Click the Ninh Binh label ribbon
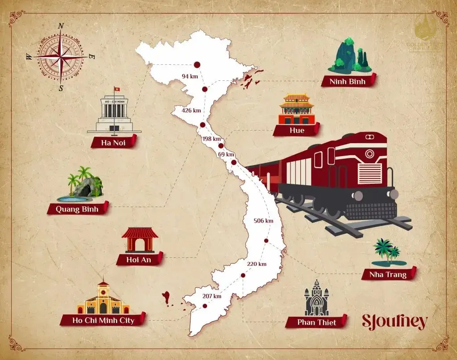(348, 81)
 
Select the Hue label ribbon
(296, 130)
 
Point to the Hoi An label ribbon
(137, 260)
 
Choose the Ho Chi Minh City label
(103, 320)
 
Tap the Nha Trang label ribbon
(388, 274)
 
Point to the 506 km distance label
(263, 221)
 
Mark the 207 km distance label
(212, 296)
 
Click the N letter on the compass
(61, 25)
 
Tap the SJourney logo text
(394, 322)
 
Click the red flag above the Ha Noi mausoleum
(117, 89)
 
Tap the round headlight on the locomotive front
(369, 154)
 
